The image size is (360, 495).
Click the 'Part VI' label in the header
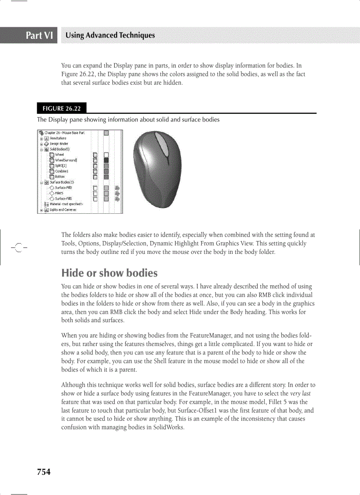tap(40, 35)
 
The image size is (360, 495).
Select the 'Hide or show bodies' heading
tap(109, 273)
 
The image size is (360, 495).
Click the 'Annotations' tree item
tap(57, 138)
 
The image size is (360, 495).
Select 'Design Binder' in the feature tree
tap(58, 144)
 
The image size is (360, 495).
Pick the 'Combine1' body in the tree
tap(61, 171)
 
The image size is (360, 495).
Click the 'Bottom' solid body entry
tap(60, 177)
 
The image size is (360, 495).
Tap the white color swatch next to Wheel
tap(106, 155)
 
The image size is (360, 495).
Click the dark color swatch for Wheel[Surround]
tap(106, 160)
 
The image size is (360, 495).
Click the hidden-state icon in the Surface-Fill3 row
tap(117, 188)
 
